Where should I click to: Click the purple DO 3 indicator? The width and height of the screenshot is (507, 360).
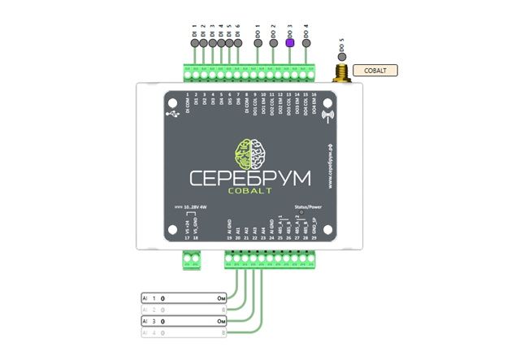point(288,44)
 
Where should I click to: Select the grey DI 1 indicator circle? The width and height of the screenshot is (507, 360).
point(194,44)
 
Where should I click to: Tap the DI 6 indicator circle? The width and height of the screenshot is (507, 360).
point(238,44)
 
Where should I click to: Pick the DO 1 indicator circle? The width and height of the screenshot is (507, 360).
point(258,44)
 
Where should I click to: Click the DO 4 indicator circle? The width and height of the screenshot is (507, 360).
point(305,44)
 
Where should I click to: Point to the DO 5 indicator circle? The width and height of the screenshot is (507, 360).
point(342,60)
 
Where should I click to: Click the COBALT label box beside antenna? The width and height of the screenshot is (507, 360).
point(376,70)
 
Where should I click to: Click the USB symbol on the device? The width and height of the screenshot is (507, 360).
point(173,115)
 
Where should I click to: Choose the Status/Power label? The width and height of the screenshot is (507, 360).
point(309,208)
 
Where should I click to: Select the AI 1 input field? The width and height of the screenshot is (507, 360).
point(184,298)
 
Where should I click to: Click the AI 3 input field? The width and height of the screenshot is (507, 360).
point(184,322)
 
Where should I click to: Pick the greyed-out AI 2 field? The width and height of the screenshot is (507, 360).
point(184,310)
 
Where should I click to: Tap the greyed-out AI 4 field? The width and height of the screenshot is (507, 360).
point(184,333)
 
